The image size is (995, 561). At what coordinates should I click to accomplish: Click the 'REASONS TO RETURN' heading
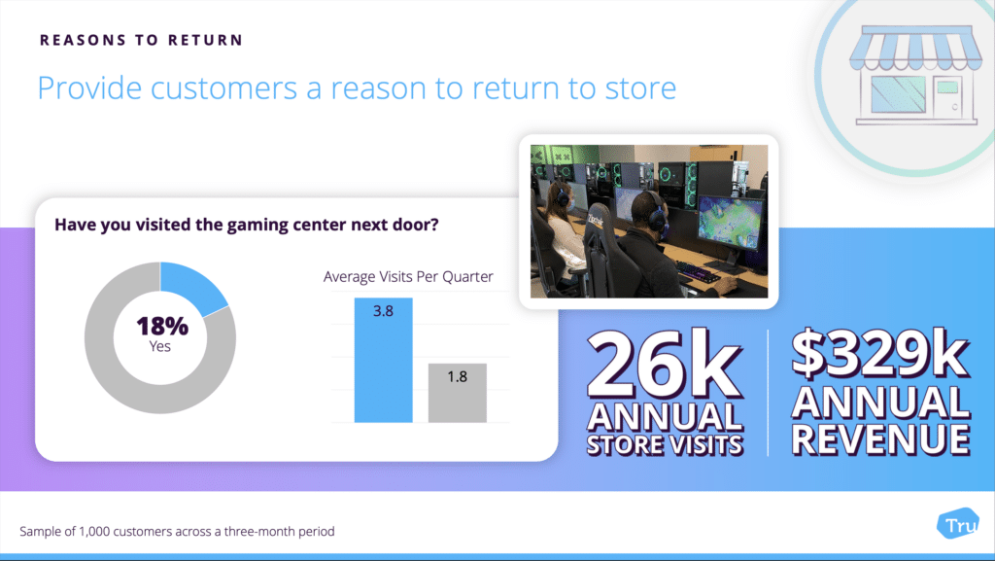[142, 40]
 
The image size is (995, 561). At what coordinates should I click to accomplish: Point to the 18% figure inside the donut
[162, 326]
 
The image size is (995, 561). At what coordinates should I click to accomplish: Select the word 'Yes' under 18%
[160, 346]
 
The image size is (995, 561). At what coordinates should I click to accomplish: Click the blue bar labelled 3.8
[383, 360]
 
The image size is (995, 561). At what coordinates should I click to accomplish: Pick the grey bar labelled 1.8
[458, 393]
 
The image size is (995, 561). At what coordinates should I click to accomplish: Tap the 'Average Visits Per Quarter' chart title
[408, 277]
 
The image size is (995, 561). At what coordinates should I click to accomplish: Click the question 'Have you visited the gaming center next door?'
[246, 225]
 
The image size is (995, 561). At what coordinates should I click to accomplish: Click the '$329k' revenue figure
[880, 354]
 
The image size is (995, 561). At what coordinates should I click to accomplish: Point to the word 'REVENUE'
[880, 439]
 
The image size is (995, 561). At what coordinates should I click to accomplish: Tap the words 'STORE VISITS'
[665, 444]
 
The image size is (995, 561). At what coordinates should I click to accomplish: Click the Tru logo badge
[958, 524]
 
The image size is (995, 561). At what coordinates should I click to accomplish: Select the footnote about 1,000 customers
[177, 531]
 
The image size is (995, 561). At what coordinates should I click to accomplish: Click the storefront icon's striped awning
[915, 49]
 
